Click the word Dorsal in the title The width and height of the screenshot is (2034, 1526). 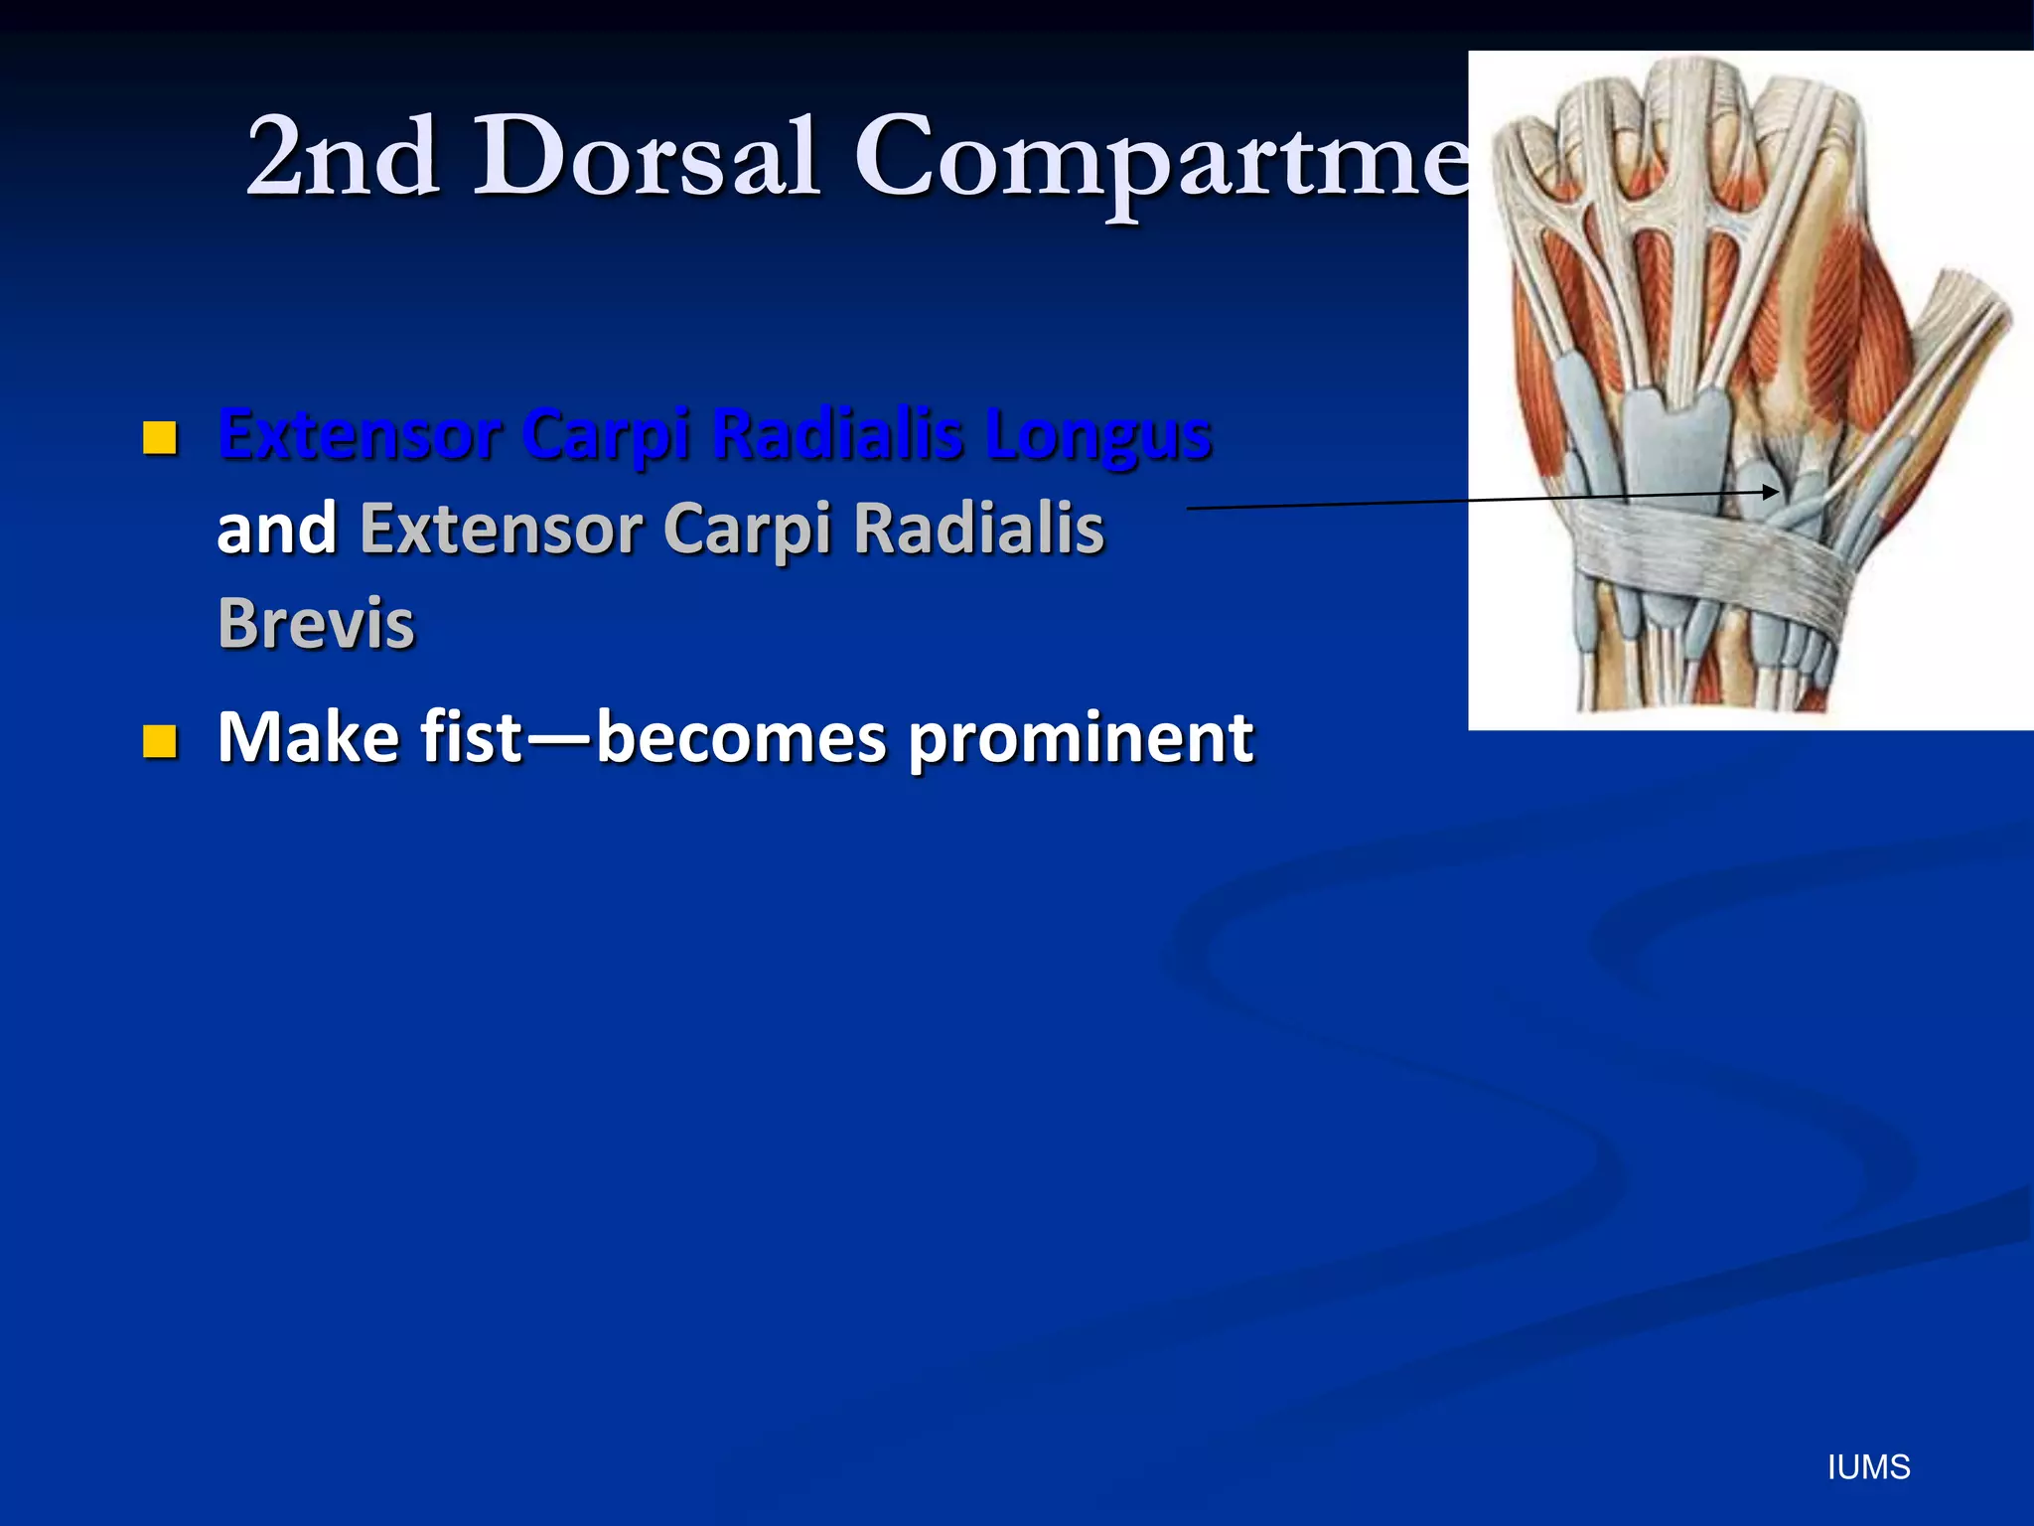(646, 156)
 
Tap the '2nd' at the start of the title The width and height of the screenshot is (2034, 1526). (343, 156)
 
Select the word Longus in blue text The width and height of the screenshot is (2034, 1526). (1098, 435)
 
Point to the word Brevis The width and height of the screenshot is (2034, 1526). (316, 624)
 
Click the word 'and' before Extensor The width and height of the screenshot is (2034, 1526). (276, 530)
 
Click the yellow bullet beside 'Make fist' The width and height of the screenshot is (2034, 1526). (160, 741)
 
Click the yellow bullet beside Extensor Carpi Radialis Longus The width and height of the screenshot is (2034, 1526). (160, 437)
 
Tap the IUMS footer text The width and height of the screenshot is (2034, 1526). (1868, 1467)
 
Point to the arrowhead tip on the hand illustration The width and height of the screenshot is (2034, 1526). (1777, 491)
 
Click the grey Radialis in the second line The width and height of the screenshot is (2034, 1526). (978, 530)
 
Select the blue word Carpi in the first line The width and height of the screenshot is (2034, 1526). (605, 435)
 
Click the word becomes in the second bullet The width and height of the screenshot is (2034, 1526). (741, 738)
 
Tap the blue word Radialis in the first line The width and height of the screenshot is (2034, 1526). (839, 435)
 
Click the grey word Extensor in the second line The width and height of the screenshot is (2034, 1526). (501, 530)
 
